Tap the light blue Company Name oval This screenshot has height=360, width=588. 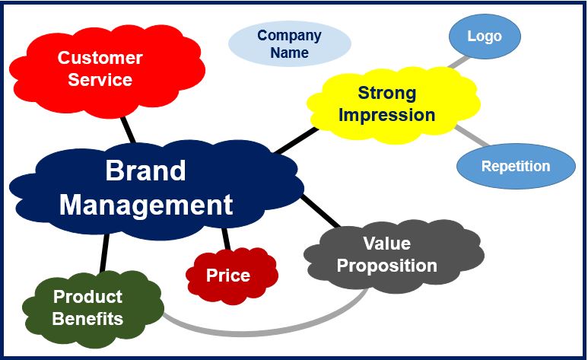[290, 43]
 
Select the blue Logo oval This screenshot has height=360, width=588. [485, 37]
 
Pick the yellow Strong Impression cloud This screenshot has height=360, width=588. [393, 105]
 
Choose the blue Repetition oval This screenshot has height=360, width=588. [516, 166]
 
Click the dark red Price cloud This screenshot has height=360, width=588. [232, 276]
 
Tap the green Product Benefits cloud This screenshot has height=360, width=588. [93, 307]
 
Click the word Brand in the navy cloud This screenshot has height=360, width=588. [145, 170]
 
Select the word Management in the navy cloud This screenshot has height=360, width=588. [146, 205]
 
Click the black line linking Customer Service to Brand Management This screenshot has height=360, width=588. [128, 130]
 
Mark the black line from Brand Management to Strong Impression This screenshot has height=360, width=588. [296, 140]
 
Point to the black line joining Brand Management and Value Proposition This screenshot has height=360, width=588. [321, 212]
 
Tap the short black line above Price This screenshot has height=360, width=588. [226, 239]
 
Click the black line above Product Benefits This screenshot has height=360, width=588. [105, 253]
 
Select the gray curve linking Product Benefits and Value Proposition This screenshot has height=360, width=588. [262, 333]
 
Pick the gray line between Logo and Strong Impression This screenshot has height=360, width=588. [459, 62]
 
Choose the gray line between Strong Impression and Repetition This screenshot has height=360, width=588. [472, 136]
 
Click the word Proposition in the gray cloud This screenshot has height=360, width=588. [387, 266]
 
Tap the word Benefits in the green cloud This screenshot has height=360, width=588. [87, 319]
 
